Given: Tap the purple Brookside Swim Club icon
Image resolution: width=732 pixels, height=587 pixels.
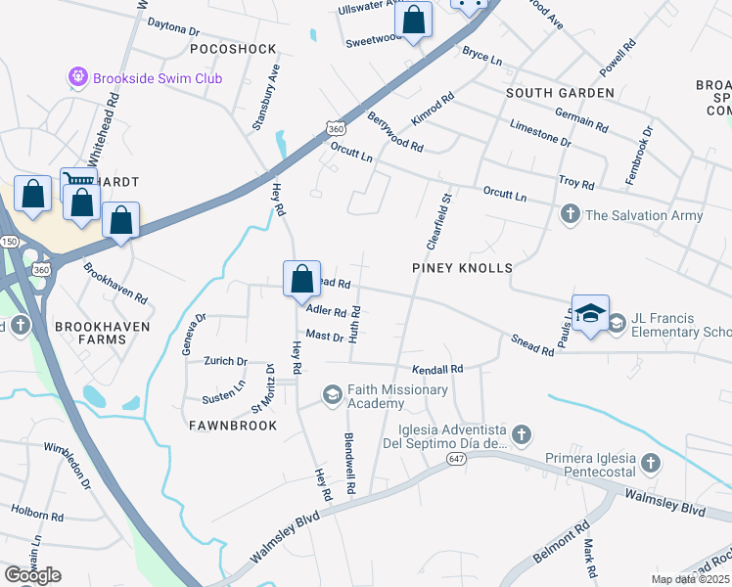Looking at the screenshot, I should click(78, 77).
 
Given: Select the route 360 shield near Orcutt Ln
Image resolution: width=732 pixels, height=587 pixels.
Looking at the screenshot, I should click(336, 128).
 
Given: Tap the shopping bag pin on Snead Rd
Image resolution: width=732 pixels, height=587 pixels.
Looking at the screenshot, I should click(301, 279).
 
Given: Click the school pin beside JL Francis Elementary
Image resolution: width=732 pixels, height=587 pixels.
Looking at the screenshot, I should click(590, 314).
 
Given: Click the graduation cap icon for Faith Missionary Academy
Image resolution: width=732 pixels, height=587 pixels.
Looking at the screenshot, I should click(333, 395).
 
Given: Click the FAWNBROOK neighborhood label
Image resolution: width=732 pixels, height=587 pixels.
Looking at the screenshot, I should click(234, 426).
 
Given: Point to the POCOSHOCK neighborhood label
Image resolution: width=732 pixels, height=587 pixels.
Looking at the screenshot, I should click(234, 48).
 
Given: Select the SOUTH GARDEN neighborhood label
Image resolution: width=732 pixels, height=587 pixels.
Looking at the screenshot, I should click(561, 93).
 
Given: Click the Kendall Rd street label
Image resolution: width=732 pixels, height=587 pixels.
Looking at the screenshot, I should click(436, 370).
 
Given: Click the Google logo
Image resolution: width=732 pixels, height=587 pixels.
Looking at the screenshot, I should click(31, 575).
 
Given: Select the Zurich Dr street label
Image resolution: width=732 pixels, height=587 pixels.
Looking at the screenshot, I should click(225, 361).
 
